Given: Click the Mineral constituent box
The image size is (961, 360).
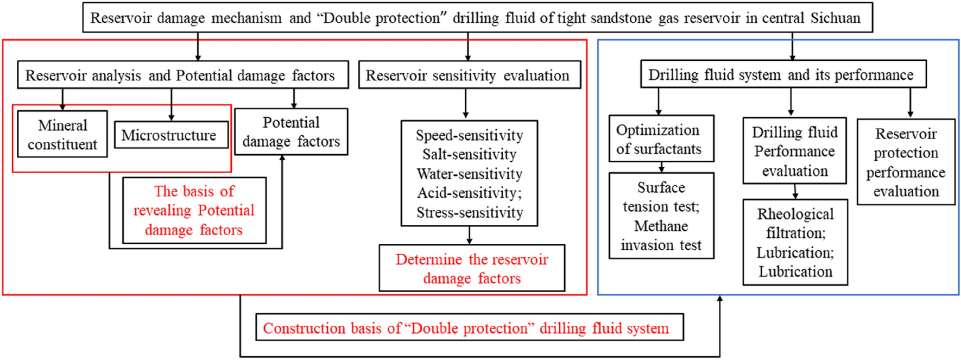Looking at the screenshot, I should click(x=62, y=134).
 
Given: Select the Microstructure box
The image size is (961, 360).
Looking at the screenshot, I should click(x=171, y=135).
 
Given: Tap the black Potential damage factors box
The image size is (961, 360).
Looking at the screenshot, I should click(x=291, y=132).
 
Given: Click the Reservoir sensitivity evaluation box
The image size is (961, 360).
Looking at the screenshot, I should click(x=469, y=75).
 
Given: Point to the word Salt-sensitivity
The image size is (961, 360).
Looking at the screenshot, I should click(x=469, y=155).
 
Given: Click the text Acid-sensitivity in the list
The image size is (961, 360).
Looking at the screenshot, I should click(x=468, y=193).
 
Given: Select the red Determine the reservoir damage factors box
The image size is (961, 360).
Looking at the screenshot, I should click(x=471, y=269).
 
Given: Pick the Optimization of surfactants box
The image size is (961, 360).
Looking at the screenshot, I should click(x=661, y=139).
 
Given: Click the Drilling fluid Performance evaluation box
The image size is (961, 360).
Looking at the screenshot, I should click(x=794, y=151).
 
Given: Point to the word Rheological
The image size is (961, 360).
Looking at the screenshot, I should click(x=795, y=214).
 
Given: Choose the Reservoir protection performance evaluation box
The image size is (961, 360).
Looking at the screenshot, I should click(x=906, y=162).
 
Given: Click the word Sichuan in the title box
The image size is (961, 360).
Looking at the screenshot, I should click(x=835, y=18).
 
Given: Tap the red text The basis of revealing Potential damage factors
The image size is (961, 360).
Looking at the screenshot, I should click(x=194, y=211).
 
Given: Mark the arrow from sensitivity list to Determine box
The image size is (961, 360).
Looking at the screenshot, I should click(x=469, y=236).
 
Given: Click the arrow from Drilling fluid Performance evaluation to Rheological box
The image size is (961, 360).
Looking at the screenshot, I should click(x=795, y=192).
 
